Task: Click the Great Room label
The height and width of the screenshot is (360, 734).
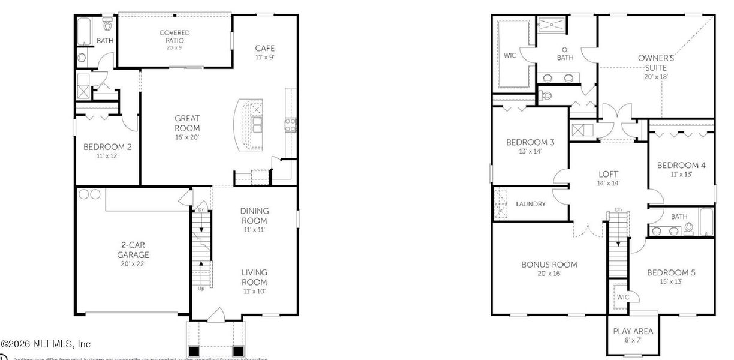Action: coord(187,123)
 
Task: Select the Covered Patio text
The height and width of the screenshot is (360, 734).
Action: coord(175,37)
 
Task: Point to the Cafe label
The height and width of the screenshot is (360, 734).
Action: coord(265,49)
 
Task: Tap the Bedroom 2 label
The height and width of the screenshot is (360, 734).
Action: coord(107,147)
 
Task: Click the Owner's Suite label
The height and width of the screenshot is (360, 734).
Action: coord(656,63)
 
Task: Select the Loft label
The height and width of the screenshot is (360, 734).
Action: coord(608,175)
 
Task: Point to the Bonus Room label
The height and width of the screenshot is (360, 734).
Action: coord(549,265)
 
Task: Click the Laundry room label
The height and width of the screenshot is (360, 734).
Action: coord(531,204)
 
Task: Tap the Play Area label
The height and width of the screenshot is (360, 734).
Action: coord(633,331)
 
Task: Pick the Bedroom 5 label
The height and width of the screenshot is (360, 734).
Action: coord(671,273)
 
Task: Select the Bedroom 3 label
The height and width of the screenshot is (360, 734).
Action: coord(530,142)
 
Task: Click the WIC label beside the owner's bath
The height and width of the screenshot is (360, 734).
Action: coord(510,56)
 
